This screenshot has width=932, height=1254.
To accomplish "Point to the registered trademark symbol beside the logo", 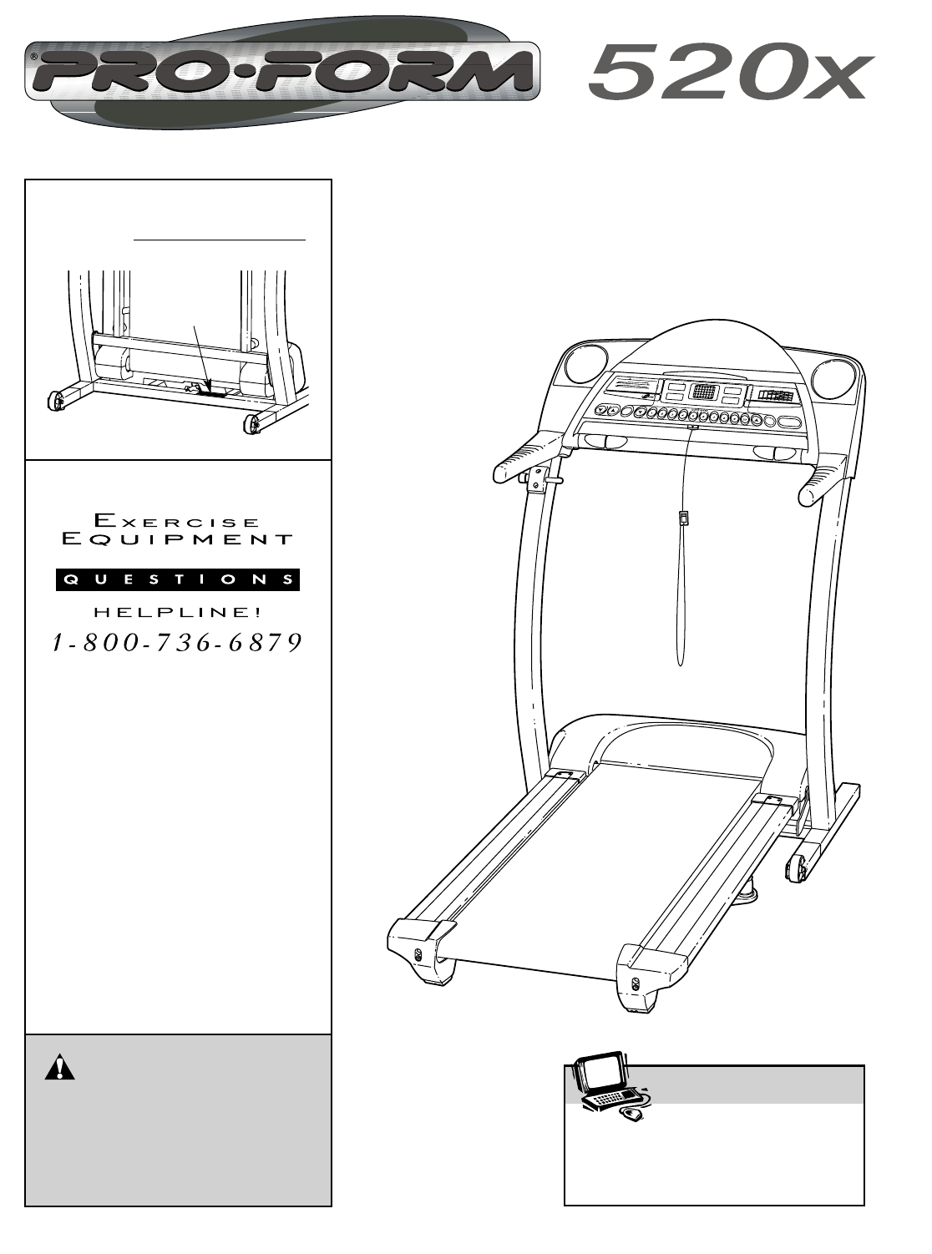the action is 33,58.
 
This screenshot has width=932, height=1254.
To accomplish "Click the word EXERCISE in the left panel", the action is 178,521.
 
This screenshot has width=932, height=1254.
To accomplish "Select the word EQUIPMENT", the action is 178,539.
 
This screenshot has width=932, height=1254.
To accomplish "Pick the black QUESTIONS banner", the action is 178,579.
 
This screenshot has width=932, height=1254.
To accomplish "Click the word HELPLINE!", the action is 178,612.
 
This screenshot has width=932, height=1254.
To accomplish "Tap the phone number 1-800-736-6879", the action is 177,642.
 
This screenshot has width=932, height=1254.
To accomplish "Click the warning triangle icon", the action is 60,1069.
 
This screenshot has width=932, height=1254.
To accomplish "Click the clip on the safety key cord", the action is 683,518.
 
